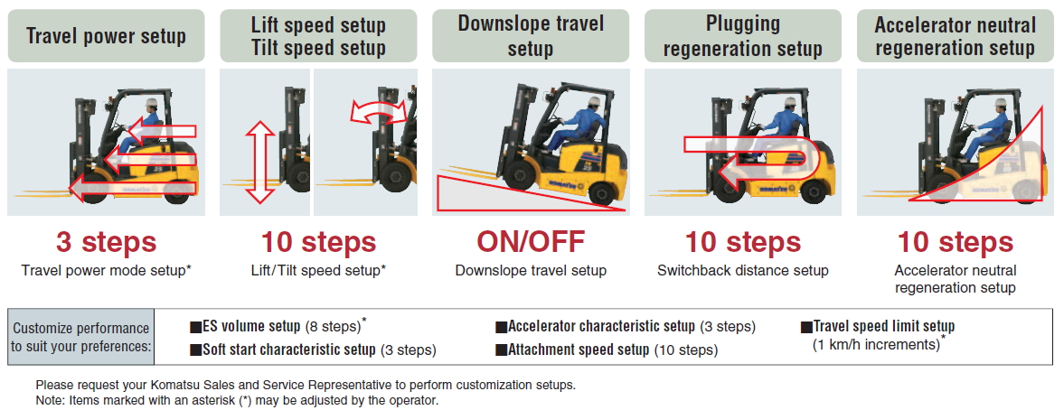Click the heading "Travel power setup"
(x=106, y=36)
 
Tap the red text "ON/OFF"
(x=531, y=242)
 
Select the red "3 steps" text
(x=106, y=242)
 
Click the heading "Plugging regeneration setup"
(x=743, y=36)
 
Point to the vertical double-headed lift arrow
(x=259, y=162)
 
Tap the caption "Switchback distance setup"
(x=743, y=270)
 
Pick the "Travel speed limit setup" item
(x=878, y=326)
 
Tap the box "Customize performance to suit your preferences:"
(x=81, y=337)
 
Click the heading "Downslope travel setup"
(x=531, y=36)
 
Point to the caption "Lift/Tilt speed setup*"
(x=318, y=270)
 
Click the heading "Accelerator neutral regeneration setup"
(x=956, y=36)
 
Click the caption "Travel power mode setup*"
(x=106, y=270)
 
